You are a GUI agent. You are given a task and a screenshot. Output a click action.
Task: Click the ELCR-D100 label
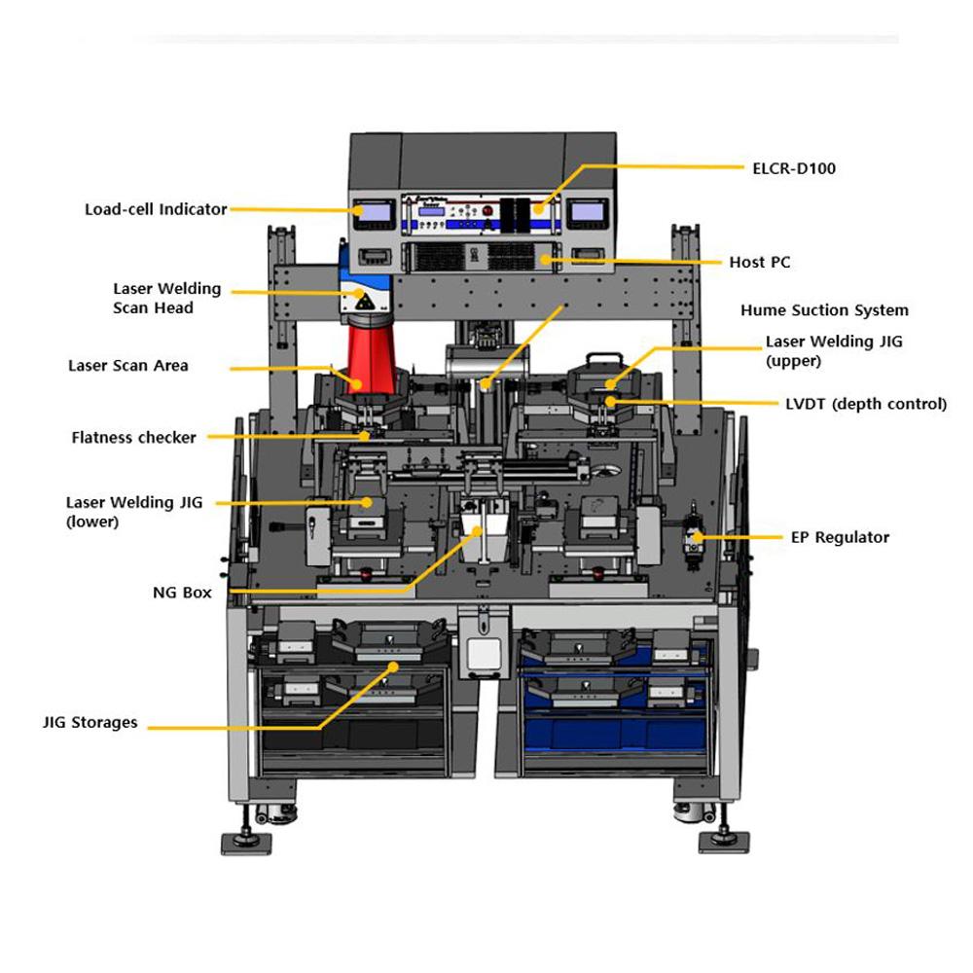(795, 168)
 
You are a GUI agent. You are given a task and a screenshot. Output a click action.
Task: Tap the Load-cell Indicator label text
(155, 209)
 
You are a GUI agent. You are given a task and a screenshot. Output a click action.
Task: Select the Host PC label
(760, 263)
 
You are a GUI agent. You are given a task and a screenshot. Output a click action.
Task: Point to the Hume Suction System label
(824, 310)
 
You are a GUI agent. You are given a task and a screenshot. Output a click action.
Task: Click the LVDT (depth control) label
(865, 404)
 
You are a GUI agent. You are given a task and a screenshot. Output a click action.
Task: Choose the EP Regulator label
(840, 537)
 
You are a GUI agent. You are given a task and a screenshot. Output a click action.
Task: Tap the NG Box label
(183, 592)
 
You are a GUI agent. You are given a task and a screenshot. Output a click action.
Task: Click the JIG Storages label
(90, 723)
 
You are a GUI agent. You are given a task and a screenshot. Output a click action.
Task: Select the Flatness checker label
(133, 438)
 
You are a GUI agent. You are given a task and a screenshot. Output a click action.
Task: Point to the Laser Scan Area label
(128, 366)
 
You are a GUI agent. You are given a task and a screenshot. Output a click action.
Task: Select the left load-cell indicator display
(375, 211)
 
